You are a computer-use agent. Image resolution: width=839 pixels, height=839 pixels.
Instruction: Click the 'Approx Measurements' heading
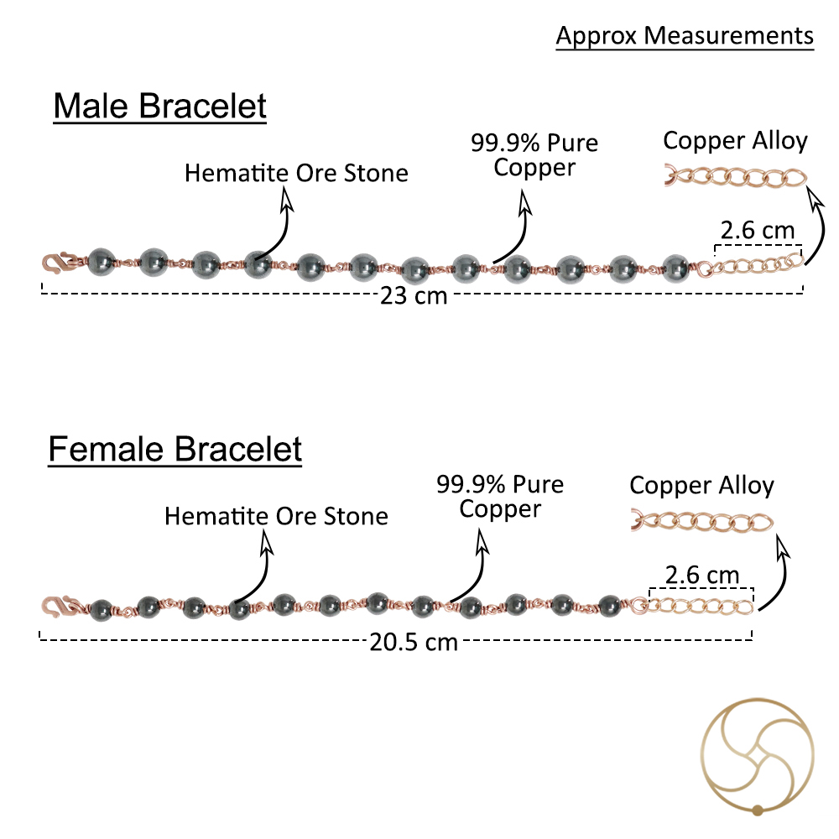(685, 36)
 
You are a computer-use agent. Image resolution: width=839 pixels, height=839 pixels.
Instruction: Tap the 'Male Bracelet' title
(159, 106)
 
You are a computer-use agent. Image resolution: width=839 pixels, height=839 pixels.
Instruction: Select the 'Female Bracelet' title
(175, 449)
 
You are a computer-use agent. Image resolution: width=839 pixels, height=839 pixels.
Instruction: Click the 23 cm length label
(414, 296)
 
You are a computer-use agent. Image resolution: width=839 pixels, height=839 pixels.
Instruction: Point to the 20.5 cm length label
(414, 642)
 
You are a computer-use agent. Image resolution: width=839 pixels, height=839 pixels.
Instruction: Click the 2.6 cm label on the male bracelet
(757, 231)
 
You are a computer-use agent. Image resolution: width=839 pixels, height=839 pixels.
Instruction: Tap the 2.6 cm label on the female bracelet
(702, 576)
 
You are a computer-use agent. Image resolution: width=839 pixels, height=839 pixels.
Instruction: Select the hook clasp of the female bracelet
(59, 607)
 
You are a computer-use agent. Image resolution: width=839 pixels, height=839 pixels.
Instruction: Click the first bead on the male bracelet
(102, 263)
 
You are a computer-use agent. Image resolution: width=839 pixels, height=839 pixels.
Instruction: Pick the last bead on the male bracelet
(675, 268)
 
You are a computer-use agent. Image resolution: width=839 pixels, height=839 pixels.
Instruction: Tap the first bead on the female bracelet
(101, 610)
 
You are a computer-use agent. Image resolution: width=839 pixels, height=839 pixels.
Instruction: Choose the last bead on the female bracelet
(609, 606)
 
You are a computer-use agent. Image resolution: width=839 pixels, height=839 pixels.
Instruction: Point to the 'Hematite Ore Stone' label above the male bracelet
(296, 174)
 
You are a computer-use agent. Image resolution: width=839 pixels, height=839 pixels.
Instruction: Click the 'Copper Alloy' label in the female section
(701, 486)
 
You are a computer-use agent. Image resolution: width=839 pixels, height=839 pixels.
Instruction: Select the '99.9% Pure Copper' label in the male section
(534, 155)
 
